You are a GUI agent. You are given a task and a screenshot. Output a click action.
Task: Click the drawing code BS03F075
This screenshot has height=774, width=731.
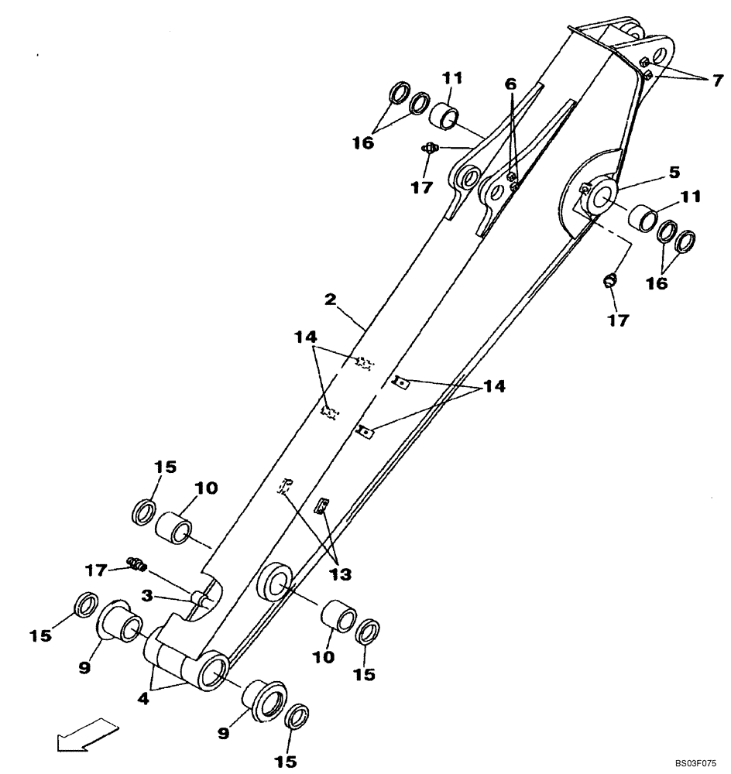(696, 762)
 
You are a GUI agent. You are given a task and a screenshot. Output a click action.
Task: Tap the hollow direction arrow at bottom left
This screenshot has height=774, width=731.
(86, 735)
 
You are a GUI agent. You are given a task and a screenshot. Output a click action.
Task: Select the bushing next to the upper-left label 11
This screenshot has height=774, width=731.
(445, 115)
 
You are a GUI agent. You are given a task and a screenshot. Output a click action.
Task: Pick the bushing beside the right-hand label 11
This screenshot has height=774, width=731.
(642, 218)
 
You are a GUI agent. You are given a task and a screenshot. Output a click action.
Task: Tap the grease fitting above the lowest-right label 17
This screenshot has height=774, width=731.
(609, 279)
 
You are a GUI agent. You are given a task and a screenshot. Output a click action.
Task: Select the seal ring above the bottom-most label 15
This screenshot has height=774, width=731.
(295, 717)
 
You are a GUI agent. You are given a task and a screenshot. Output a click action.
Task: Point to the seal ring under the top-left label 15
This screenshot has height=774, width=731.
(143, 512)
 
